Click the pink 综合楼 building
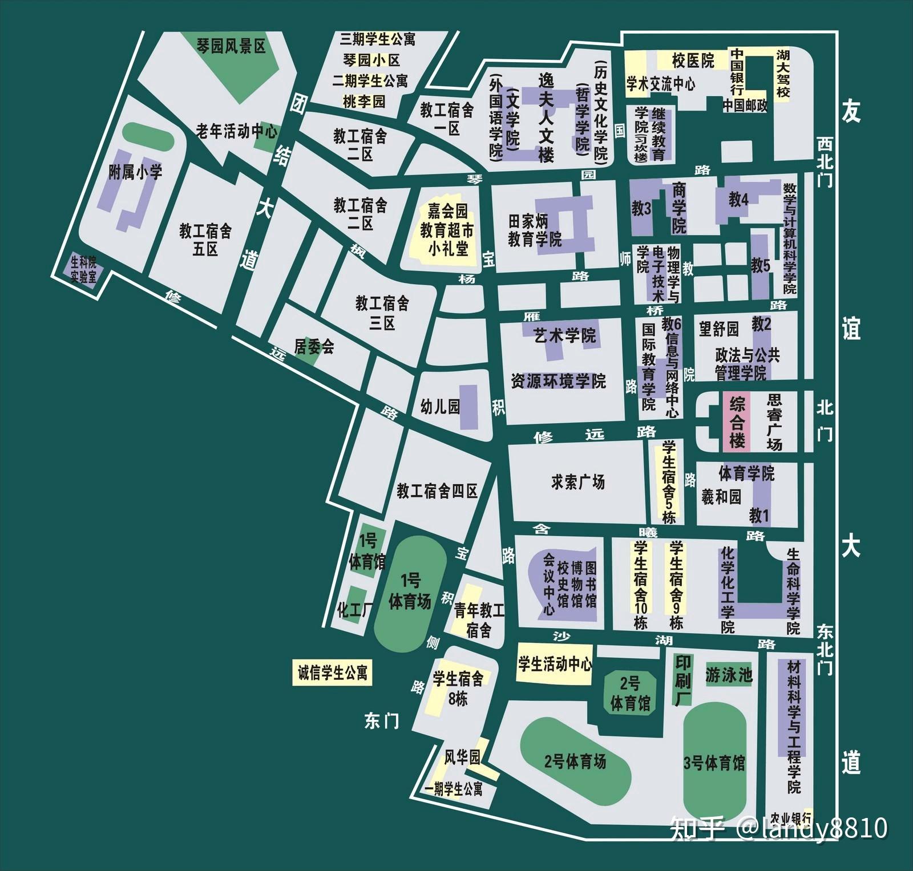[x=737, y=423]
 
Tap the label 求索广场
[x=577, y=482]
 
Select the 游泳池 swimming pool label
[x=729, y=675]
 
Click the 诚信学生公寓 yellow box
[x=332, y=673]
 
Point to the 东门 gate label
[x=382, y=721]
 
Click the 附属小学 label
[x=135, y=172]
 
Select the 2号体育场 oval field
[x=575, y=761]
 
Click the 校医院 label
[x=693, y=60]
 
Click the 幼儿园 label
[x=439, y=406]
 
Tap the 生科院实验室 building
[x=83, y=269]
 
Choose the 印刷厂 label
[x=683, y=679]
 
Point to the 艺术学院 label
[x=564, y=335]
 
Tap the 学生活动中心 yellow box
[x=555, y=663]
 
